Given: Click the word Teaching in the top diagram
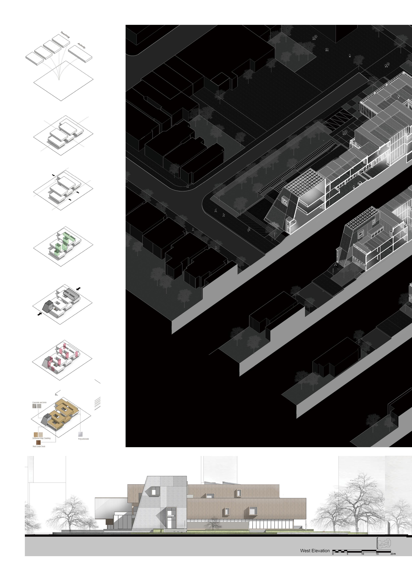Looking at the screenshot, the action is point(65,35).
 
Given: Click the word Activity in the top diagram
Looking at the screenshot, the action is point(81,46).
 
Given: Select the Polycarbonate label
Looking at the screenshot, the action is point(83,439).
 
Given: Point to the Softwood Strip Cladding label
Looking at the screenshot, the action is point(41,438).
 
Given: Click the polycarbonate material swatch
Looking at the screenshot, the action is point(80,434).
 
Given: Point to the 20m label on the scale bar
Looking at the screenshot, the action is point(393,554).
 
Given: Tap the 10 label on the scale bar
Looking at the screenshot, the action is point(363,554).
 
